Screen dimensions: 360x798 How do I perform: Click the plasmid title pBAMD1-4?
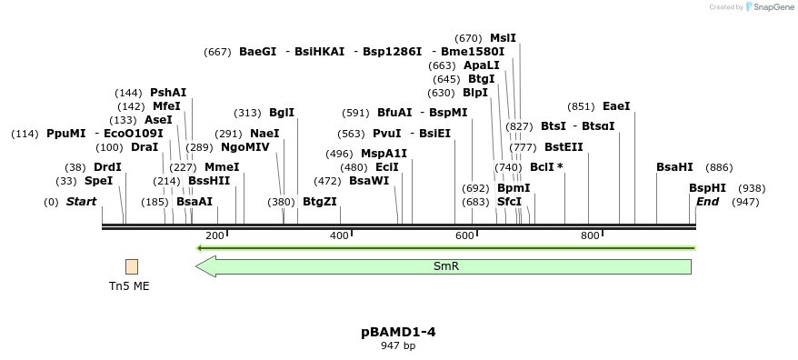pyautogui.click(x=398, y=332)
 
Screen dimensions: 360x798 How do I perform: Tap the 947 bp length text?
pyautogui.click(x=398, y=345)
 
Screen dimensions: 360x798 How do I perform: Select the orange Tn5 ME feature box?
pyautogui.click(x=132, y=266)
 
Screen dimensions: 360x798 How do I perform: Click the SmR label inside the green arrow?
pyautogui.click(x=446, y=266)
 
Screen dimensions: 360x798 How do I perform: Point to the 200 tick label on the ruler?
pyautogui.click(x=214, y=235)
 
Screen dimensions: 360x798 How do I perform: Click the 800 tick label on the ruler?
pyautogui.click(x=590, y=235)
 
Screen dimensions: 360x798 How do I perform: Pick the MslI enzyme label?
pyautogui.click(x=503, y=38)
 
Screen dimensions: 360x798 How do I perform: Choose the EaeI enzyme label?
pyautogui.click(x=615, y=106)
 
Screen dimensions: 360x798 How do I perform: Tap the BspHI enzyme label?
pyautogui.click(x=707, y=188)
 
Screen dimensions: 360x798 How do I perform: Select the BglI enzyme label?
pyautogui.click(x=282, y=113)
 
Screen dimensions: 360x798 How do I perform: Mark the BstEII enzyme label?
pyautogui.click(x=564, y=147)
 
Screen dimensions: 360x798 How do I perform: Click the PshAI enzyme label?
pyautogui.click(x=168, y=93)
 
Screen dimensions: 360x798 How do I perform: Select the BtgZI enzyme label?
pyautogui.click(x=319, y=202)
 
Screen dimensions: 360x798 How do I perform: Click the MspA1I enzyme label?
pyautogui.click(x=384, y=154)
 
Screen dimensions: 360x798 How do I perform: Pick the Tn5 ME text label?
pyautogui.click(x=129, y=285)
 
